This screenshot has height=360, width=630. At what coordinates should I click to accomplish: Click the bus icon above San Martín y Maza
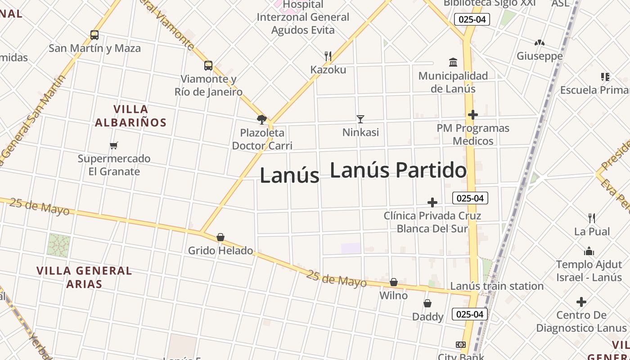point(94,35)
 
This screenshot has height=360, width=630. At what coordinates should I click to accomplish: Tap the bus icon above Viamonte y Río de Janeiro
point(208,66)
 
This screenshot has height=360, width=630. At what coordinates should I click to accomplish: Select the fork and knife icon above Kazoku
point(328,56)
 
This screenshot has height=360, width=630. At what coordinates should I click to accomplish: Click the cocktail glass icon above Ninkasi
point(360,119)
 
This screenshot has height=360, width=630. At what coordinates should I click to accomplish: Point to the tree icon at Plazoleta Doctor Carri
point(261,120)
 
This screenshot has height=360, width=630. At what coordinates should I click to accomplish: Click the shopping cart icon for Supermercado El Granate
point(114,145)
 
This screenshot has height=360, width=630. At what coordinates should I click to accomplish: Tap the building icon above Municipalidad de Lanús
point(453,62)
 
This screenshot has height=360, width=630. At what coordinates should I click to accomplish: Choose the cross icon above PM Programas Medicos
point(472,115)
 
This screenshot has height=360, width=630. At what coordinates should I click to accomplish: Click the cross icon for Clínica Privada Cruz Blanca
point(432,202)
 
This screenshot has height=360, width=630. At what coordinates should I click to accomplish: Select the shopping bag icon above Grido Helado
point(220,237)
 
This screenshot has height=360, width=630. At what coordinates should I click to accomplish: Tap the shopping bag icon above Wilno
point(394,282)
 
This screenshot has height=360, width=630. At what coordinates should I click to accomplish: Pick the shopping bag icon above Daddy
point(427,304)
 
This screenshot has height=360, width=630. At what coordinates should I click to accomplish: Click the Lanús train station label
point(497,286)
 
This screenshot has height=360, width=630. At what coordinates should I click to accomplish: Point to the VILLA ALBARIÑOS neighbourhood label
point(130,116)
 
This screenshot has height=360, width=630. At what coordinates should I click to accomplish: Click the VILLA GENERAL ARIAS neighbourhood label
point(84,277)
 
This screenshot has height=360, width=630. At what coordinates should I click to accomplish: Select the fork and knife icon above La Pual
point(592,218)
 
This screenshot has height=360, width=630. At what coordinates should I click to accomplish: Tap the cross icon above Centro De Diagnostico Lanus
point(581,301)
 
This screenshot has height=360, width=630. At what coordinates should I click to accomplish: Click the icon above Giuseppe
point(540,43)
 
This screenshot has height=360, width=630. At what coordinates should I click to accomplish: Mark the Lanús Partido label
point(398,171)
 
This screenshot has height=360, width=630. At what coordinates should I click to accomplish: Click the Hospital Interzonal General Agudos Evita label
point(303,18)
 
